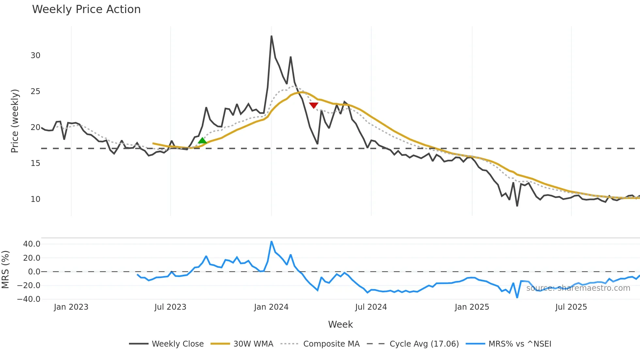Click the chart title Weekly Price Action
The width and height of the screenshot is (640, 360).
(86, 9)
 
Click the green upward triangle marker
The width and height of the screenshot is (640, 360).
(202, 141)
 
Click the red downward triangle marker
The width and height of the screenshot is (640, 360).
(313, 105)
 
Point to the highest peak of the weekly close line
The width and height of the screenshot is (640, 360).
(271, 36)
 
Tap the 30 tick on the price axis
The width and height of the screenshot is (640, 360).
(35, 56)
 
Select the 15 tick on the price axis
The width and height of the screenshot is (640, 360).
(35, 163)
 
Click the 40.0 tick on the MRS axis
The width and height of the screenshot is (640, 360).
(32, 244)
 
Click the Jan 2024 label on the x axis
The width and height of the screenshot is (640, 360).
(271, 307)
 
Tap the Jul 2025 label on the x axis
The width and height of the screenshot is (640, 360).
(571, 307)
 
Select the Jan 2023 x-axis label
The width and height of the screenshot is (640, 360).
(71, 307)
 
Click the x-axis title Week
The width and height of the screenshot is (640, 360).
(340, 324)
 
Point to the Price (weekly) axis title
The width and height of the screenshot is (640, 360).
(15, 121)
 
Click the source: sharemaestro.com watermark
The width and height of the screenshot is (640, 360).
(578, 288)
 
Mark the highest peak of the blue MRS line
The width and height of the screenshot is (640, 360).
(271, 242)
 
